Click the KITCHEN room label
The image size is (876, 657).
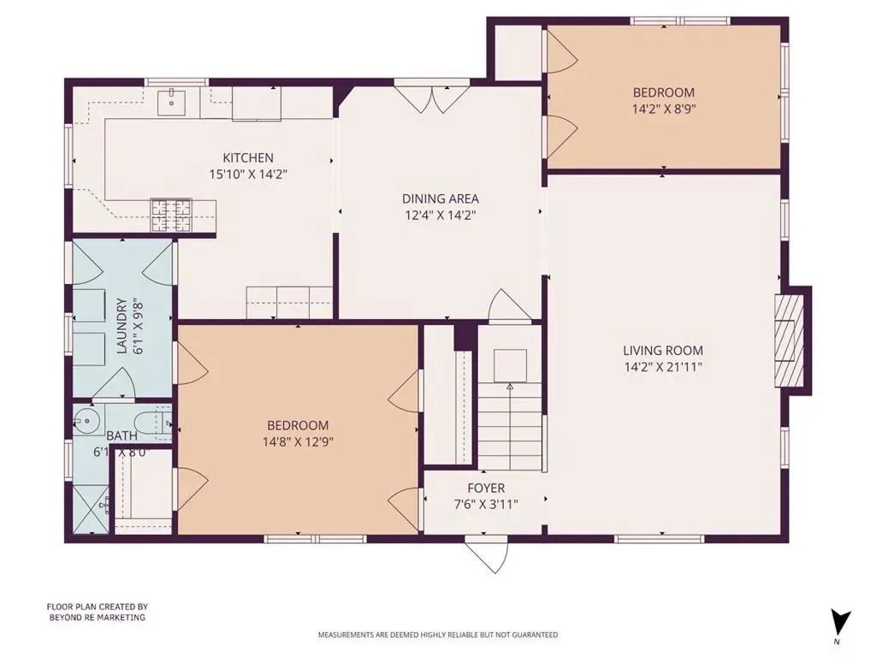coord(248,158)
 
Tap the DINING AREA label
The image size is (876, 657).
coord(441,198)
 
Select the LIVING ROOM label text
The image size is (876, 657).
coord(663,351)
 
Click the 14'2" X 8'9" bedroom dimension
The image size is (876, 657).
coord(664,109)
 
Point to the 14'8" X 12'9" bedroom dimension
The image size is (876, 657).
coord(299,442)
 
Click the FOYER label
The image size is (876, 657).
coord(486,488)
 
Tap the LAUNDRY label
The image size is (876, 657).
coord(121,327)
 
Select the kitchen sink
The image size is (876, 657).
coord(171,103)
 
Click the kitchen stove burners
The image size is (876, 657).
coord(171,215)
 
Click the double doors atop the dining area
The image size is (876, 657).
coord(431,98)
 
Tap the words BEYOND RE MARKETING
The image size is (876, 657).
coord(98,618)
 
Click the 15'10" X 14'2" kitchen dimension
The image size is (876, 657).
coord(248,175)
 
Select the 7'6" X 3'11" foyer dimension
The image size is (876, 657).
coord(486,505)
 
